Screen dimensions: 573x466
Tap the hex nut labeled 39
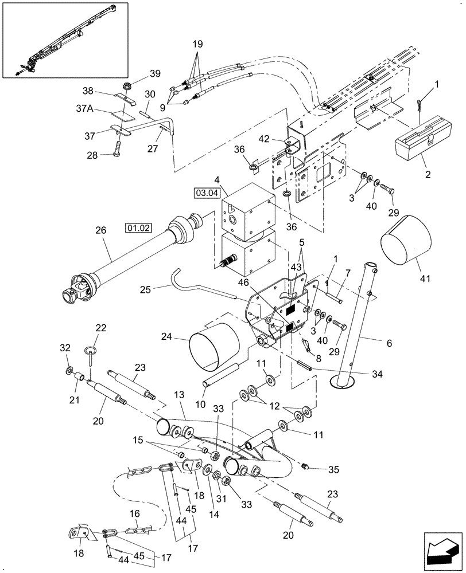click(x=125, y=88)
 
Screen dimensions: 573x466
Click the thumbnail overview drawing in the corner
click(x=64, y=39)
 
